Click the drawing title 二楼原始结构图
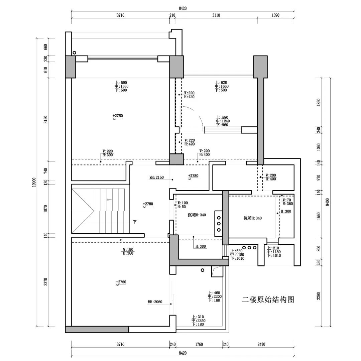268,299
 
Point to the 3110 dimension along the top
216,15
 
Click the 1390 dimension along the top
276,15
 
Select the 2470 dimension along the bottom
261,344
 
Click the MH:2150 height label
156,177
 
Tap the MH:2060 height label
155,302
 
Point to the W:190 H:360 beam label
128,251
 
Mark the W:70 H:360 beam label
287,202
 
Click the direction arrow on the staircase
108,200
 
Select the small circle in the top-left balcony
74,52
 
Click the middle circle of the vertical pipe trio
219,223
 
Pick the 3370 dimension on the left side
46,282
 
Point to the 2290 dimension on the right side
319,296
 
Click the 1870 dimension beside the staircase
46,209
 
